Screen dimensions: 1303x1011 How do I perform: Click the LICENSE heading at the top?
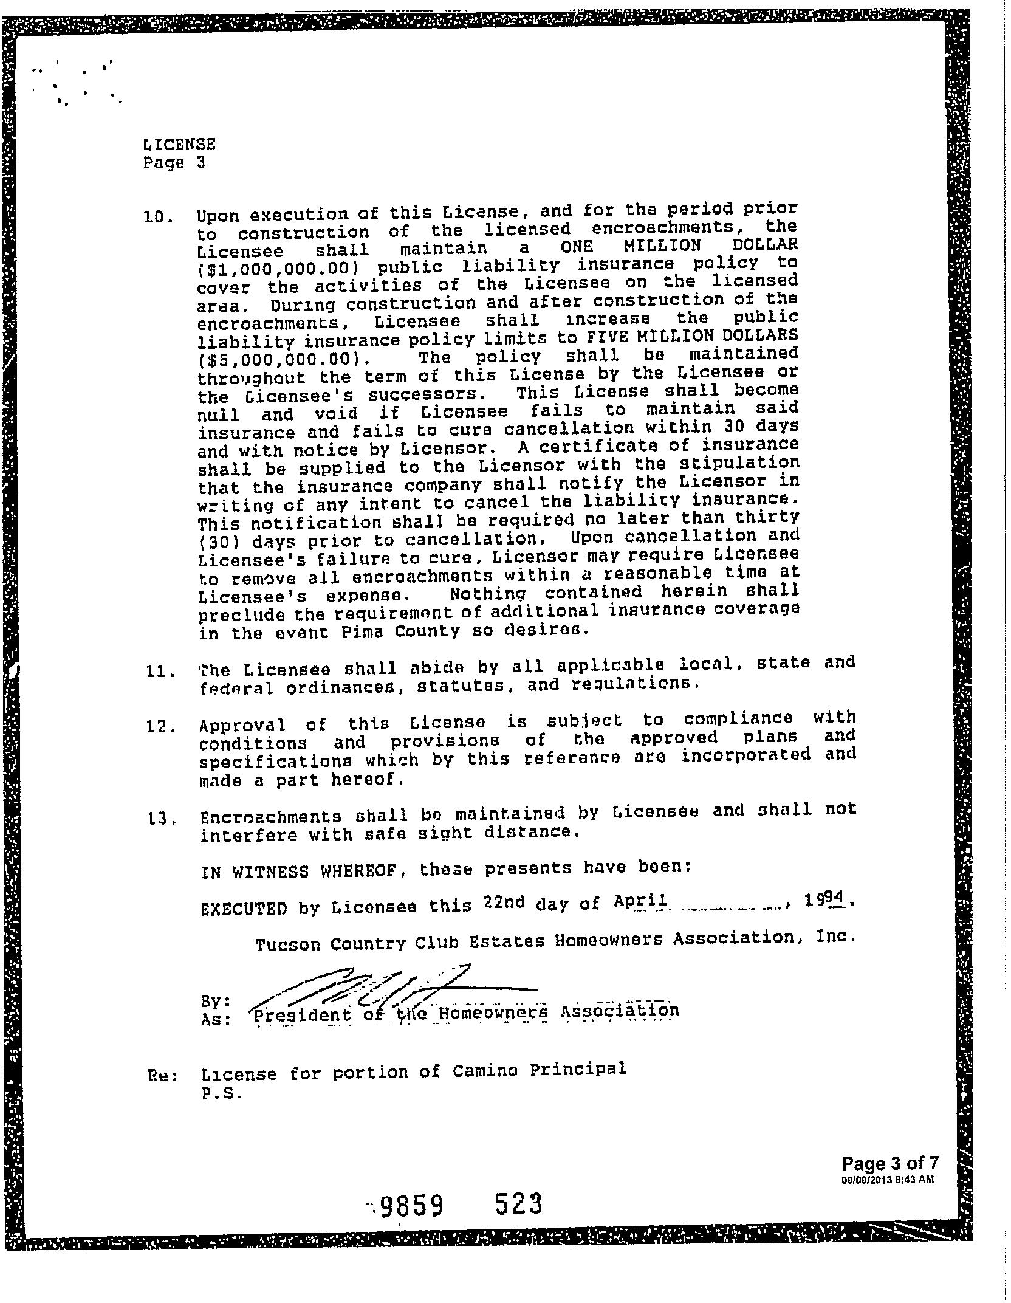(x=179, y=145)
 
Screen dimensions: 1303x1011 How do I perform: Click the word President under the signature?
(x=302, y=1015)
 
